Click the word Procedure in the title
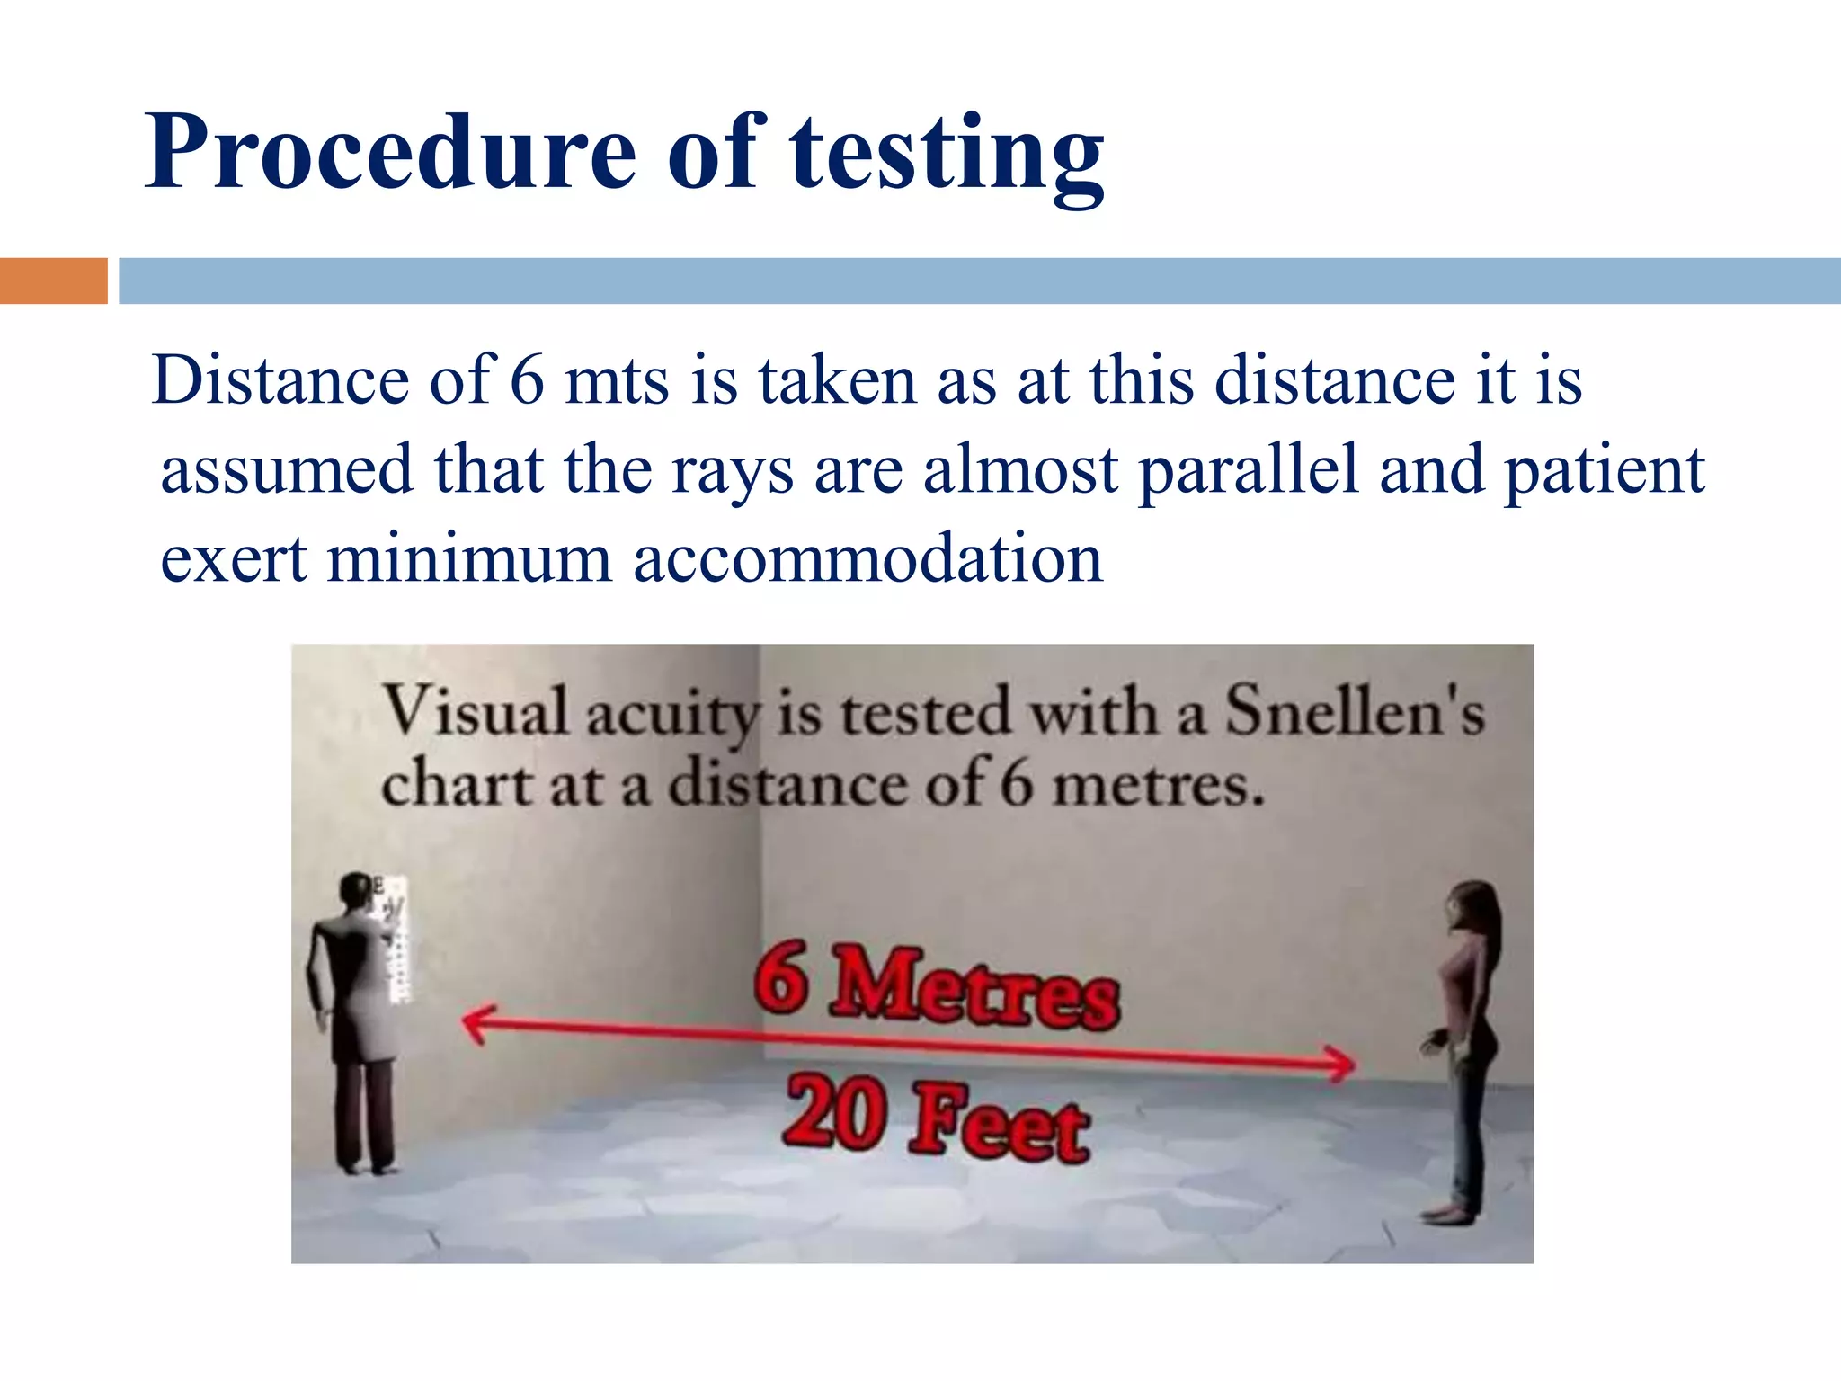(x=391, y=153)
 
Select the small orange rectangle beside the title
(x=53, y=281)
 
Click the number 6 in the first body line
(x=528, y=381)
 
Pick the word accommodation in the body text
(x=867, y=559)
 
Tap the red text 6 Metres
(x=937, y=986)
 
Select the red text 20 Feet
(x=937, y=1119)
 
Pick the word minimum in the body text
(x=469, y=559)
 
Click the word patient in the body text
(x=1605, y=471)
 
